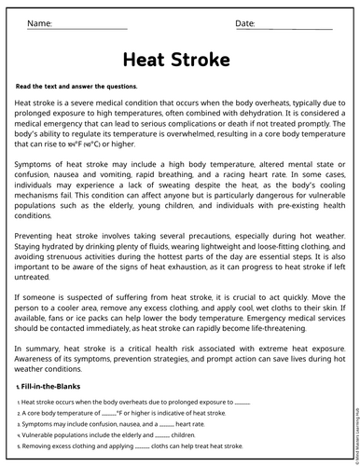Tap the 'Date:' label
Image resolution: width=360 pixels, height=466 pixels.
point(244,21)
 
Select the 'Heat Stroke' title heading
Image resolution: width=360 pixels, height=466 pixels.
point(176,61)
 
